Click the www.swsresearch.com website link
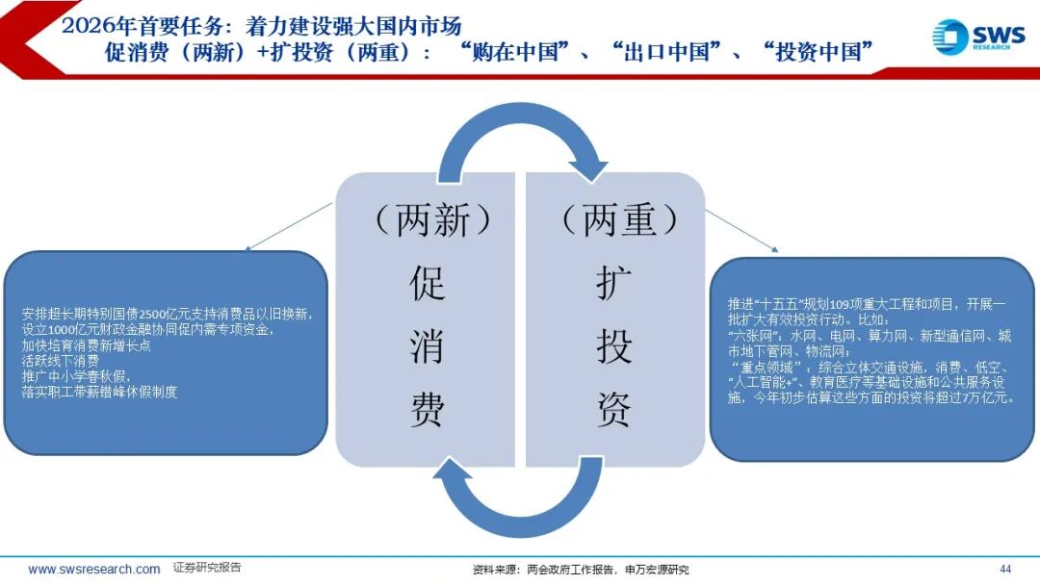coord(94,569)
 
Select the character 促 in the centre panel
coord(428,284)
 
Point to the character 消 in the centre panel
coord(428,346)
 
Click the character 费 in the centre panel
coord(428,410)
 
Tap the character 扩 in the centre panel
coord(613,284)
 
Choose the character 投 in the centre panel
coord(613,346)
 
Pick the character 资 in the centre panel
coord(613,410)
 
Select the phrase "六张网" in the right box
coord(757,336)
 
